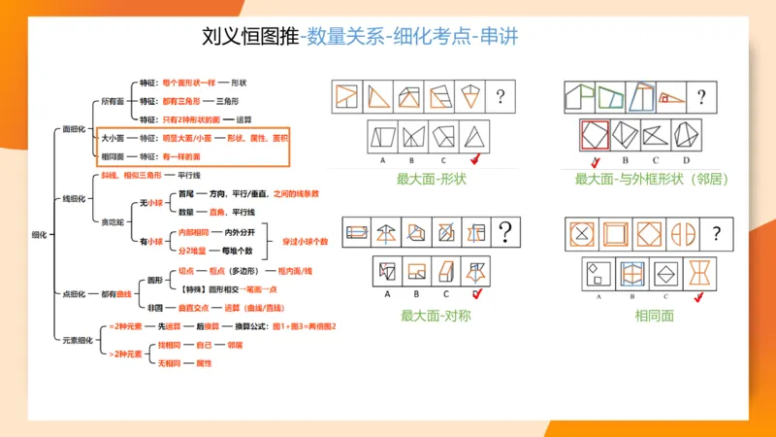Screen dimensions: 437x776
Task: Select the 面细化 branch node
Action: coord(74,129)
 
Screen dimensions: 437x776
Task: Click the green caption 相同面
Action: coord(654,315)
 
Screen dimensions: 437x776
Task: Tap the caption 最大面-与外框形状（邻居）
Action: coord(651,179)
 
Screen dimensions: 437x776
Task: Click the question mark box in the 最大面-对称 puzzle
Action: coord(505,232)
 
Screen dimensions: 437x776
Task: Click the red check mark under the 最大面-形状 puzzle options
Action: coord(474,159)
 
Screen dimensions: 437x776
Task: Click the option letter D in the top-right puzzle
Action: coord(686,159)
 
